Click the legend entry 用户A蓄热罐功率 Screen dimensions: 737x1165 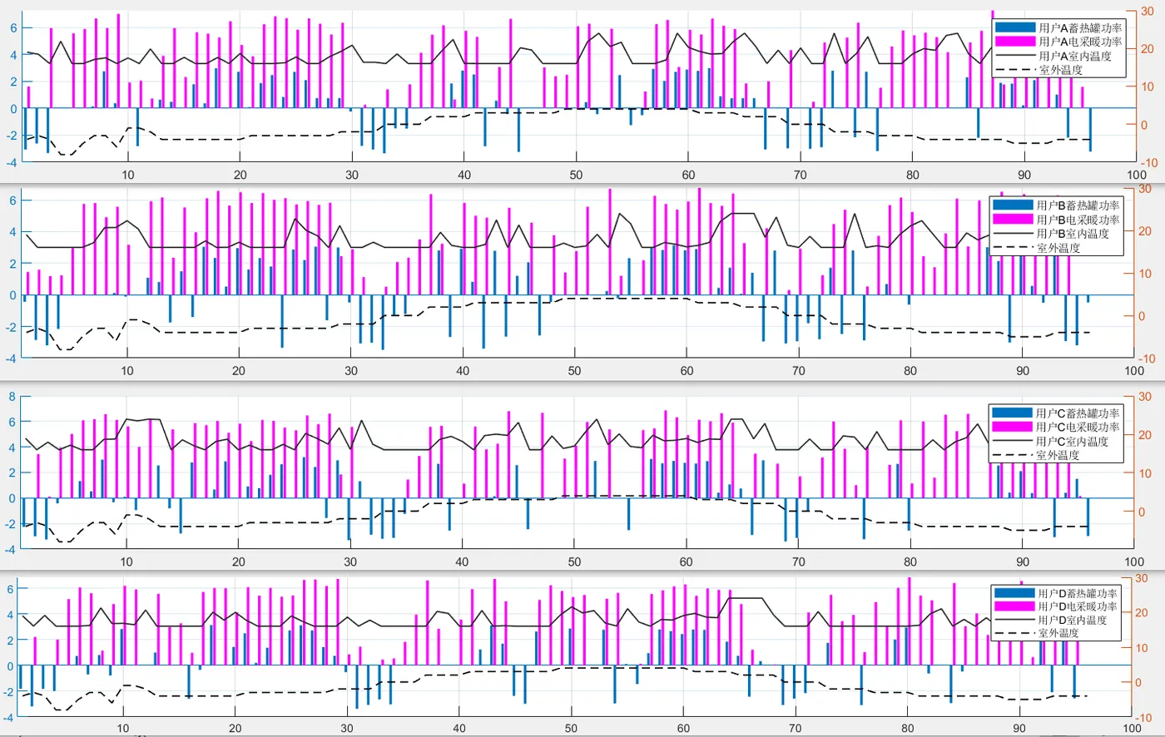click(1079, 27)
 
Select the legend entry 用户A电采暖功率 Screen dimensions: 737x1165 click(1079, 42)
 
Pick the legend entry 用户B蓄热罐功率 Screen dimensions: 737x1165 click(1078, 205)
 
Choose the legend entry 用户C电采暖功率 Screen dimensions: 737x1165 click(1078, 427)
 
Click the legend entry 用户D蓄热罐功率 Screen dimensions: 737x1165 click(1077, 593)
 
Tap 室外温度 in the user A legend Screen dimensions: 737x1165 click(1061, 70)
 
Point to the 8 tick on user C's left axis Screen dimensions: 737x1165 click(12, 397)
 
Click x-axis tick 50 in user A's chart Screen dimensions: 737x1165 click(576, 175)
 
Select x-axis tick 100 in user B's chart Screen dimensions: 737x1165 click(1134, 371)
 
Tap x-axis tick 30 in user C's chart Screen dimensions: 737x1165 click(350, 561)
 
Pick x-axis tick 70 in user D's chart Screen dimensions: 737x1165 click(795, 728)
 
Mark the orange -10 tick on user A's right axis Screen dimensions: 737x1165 click(1148, 163)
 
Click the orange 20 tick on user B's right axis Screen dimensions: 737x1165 click(1145, 231)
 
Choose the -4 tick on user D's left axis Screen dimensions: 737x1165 click(9, 717)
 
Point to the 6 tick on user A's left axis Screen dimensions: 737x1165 click(13, 28)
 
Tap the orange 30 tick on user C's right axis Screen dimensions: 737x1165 click(1145, 397)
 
